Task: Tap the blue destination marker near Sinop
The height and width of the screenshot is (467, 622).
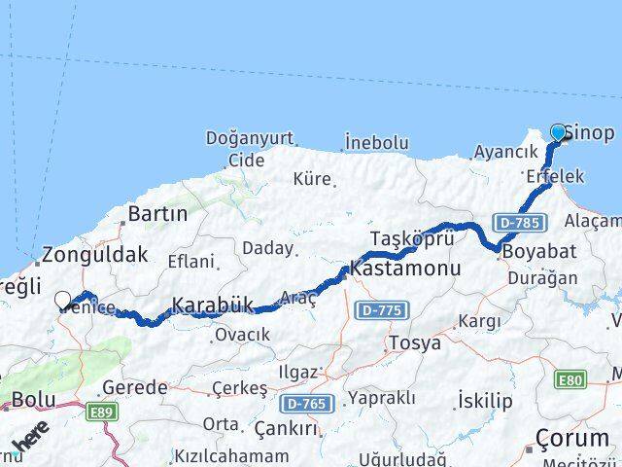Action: point(559,133)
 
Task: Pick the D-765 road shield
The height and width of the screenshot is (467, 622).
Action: point(304,401)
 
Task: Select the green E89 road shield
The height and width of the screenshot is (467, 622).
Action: point(101,414)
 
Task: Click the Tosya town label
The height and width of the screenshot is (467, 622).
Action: point(414,342)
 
